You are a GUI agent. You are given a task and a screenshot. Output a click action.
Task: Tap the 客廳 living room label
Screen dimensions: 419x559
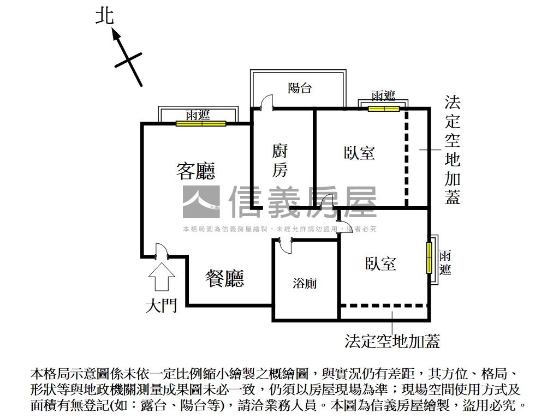pos(195,170)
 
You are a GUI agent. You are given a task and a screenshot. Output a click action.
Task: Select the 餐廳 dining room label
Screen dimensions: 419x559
pos(224,278)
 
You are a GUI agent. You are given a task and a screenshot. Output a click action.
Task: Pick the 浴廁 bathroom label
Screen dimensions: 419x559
pos(305,284)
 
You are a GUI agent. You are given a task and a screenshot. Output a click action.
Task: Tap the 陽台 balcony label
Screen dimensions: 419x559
pos(300,88)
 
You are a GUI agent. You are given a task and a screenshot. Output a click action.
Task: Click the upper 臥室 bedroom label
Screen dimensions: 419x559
pos(359,153)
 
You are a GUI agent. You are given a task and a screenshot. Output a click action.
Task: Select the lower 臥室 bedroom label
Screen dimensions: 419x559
pos(380,264)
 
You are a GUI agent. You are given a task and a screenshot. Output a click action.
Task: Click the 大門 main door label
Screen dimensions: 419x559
pos(161,306)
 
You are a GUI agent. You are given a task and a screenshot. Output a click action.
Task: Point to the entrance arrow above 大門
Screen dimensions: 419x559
pos(162,276)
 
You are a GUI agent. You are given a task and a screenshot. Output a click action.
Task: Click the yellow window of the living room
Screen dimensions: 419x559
pos(201,123)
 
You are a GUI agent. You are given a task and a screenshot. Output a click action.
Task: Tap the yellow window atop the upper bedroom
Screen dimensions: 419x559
pos(384,109)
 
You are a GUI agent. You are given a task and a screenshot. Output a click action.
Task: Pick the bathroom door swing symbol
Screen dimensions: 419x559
pos(284,245)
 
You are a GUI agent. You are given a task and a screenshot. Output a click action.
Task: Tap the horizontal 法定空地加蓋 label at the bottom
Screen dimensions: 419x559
pos(392,342)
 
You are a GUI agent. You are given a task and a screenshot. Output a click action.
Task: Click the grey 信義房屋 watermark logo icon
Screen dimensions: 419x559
pos(201,201)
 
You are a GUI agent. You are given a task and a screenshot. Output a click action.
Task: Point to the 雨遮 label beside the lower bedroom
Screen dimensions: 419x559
pos(445,262)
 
